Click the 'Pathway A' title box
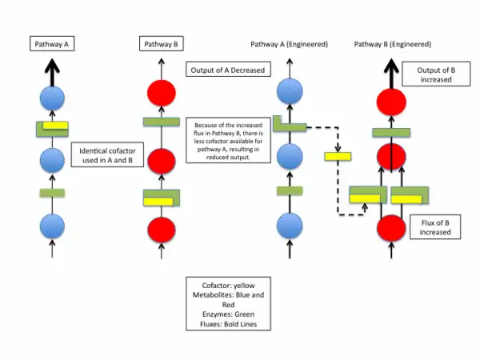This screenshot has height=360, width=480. pos(51,44)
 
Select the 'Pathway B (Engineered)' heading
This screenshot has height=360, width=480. pos(392,44)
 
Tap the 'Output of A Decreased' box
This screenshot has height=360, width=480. pos(228,70)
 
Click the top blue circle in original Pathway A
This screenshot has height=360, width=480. pos(52,99)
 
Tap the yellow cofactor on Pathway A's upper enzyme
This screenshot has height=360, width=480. pos(55,125)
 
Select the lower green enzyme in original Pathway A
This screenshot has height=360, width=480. pos(52,193)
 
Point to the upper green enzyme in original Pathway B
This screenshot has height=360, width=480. pos(161,122)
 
